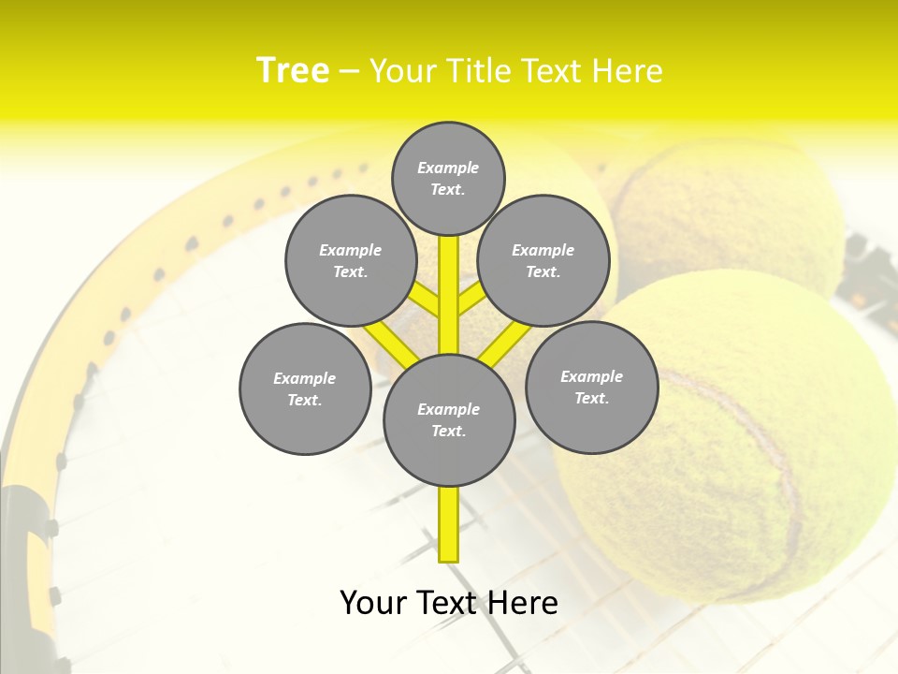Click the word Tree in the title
coord(293,70)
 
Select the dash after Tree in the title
coord(349,72)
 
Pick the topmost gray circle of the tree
coord(448,178)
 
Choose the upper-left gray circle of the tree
coord(350,260)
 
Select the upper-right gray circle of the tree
coord(543,260)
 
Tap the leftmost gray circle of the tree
coord(305,388)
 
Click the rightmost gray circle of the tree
coord(592,387)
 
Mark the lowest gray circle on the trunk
coord(449,419)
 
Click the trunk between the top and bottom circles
coord(449,295)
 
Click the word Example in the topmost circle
coord(448,168)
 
